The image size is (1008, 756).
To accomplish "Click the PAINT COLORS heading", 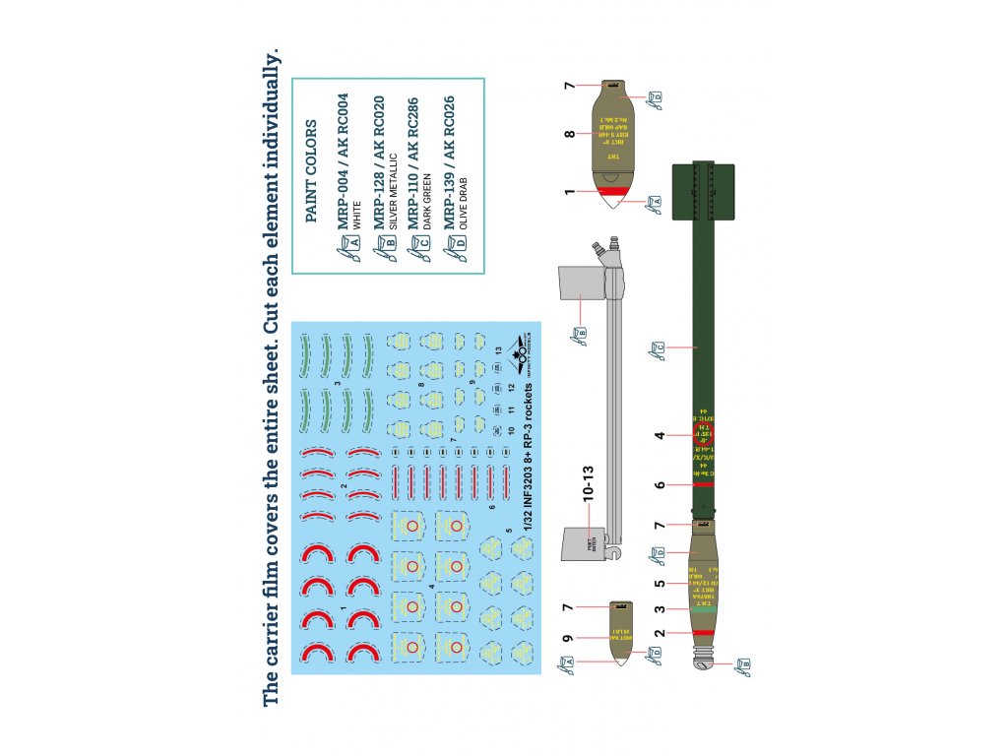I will point(312,172).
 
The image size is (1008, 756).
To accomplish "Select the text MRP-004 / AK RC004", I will point(343,161).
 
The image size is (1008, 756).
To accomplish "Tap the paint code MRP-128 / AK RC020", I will point(380,161).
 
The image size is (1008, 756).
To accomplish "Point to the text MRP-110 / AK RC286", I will point(417,161).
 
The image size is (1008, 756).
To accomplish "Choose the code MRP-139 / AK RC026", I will point(451,161).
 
